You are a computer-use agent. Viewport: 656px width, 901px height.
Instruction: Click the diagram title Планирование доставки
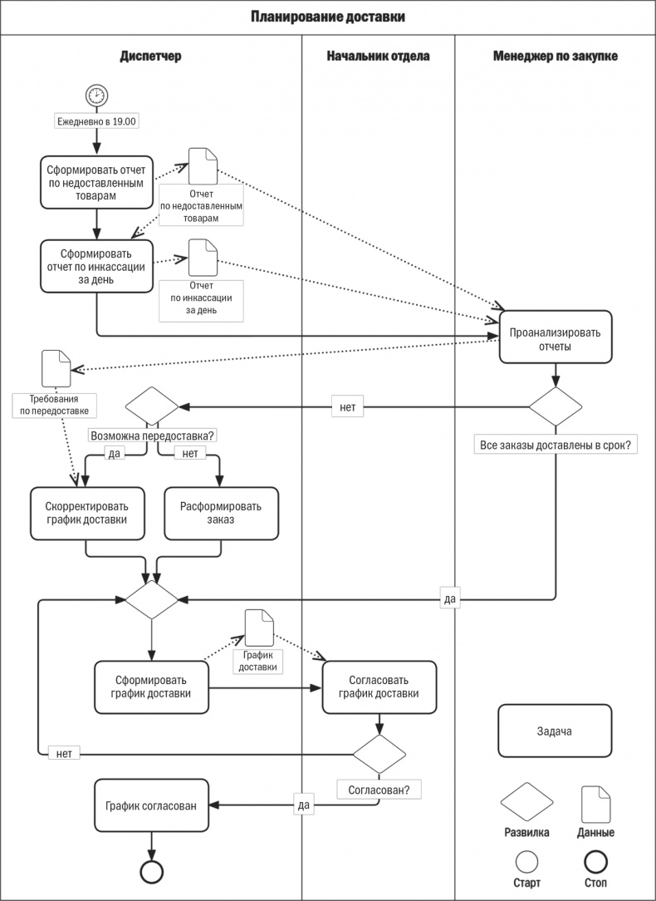pyautogui.click(x=328, y=17)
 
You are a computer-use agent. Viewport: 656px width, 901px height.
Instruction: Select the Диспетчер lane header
pyautogui.click(x=150, y=57)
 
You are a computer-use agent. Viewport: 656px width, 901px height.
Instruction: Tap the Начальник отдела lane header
pyautogui.click(x=378, y=57)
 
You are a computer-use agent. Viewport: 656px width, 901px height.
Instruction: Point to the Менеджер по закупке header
pyautogui.click(x=555, y=57)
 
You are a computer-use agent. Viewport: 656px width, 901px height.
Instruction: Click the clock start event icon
pyautogui.click(x=96, y=95)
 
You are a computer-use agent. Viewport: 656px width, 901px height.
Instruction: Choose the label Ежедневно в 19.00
pyautogui.click(x=96, y=121)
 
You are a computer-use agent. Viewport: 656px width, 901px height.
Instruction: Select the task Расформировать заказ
pyautogui.click(x=222, y=514)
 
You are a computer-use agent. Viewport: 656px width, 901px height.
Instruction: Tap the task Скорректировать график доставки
pyautogui.click(x=87, y=514)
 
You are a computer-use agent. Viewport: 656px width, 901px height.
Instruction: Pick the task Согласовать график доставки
pyautogui.click(x=379, y=687)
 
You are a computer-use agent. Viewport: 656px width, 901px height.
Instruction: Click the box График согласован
pyautogui.click(x=151, y=805)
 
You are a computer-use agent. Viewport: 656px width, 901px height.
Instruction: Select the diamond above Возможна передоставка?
pyautogui.click(x=152, y=407)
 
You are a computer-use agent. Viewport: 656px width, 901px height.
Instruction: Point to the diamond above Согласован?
pyautogui.click(x=379, y=755)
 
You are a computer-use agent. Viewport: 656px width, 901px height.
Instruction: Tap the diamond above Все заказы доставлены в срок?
pyautogui.click(x=556, y=407)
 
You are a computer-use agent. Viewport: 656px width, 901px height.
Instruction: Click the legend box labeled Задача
pyautogui.click(x=555, y=731)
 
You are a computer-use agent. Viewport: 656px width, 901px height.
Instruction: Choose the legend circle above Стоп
pyautogui.click(x=595, y=861)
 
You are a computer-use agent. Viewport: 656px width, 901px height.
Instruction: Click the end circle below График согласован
pyautogui.click(x=151, y=870)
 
